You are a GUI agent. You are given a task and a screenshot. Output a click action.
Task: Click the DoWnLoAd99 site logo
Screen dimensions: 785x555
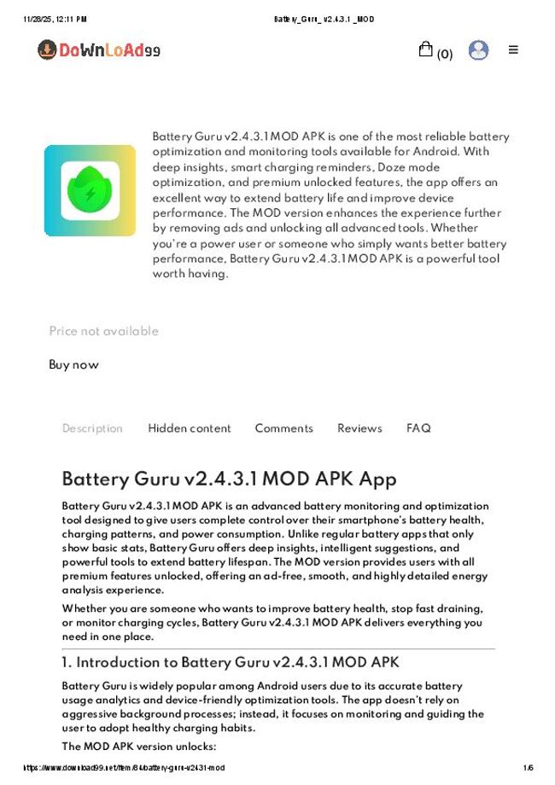click(99, 50)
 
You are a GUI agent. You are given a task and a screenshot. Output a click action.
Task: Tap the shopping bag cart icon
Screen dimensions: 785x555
click(425, 49)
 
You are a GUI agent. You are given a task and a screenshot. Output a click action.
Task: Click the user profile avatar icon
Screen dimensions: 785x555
click(479, 50)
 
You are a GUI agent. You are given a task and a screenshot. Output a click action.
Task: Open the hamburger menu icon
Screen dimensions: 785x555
click(513, 49)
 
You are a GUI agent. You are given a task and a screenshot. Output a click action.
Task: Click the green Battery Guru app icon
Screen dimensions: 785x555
click(90, 190)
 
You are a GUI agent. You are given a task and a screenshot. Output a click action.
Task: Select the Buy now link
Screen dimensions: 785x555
click(73, 364)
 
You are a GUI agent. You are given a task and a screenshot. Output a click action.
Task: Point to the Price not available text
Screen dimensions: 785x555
click(103, 331)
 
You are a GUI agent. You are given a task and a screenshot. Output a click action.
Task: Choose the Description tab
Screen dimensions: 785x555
click(92, 428)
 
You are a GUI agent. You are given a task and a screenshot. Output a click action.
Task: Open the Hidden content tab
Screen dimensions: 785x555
click(190, 428)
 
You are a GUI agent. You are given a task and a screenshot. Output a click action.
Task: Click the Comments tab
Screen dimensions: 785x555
click(283, 428)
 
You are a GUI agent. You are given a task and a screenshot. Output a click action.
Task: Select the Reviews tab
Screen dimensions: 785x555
click(359, 428)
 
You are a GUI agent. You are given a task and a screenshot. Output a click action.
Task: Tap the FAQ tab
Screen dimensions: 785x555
click(418, 428)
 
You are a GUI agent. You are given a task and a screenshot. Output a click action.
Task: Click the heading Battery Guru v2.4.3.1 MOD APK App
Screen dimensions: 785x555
click(229, 479)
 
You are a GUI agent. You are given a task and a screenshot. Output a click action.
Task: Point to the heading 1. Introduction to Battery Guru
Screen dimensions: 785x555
click(231, 662)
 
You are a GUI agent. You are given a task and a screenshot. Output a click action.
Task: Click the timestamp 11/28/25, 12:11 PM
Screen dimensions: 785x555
click(55, 19)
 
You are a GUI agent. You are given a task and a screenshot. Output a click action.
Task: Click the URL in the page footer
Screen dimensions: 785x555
click(124, 768)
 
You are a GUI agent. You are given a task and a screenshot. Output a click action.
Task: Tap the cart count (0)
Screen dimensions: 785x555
click(444, 55)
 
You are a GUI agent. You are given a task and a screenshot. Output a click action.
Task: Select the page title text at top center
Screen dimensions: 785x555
click(324, 19)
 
